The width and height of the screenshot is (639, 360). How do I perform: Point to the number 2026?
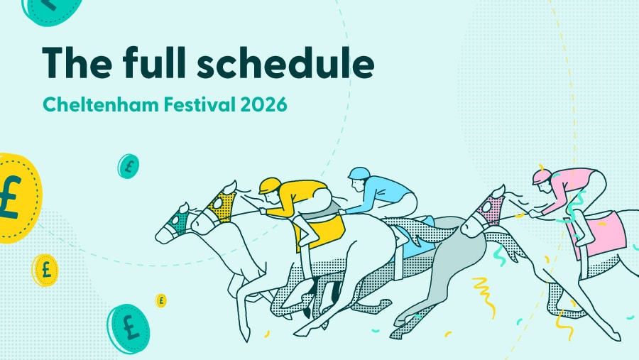263,104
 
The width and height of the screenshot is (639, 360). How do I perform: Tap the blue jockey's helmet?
359,173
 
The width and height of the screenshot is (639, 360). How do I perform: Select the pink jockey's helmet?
542,175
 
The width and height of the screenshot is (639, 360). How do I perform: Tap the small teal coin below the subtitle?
128,166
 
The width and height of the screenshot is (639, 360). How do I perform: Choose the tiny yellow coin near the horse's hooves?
161,300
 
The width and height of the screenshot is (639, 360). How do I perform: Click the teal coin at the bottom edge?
129,328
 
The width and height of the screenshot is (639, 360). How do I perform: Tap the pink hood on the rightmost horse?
489,209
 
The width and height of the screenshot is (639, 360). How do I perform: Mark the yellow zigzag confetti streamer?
485,291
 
